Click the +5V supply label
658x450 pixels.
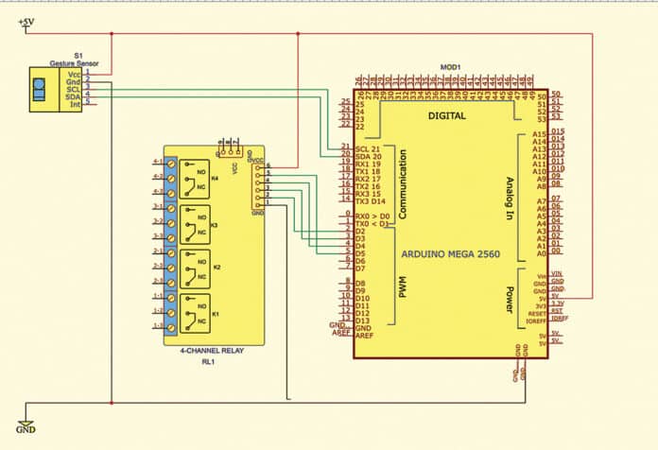(x=28, y=19)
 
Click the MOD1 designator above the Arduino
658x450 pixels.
(x=450, y=67)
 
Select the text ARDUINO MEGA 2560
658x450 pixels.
(x=449, y=254)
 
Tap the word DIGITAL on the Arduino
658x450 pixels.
(x=448, y=115)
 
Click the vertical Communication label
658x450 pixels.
(x=402, y=183)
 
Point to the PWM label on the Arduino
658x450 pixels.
(x=402, y=287)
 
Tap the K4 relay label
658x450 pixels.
(x=214, y=176)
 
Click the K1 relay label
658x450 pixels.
(x=214, y=311)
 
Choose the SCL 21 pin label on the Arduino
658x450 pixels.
(x=368, y=148)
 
